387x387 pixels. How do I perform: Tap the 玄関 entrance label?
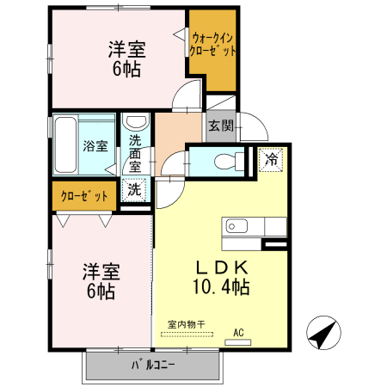[221, 126]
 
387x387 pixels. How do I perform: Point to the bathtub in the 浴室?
[66, 144]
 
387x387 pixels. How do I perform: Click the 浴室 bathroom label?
[95, 145]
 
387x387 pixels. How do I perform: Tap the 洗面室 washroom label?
[136, 153]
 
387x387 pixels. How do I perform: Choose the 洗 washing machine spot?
[135, 188]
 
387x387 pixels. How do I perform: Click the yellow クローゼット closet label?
[84, 196]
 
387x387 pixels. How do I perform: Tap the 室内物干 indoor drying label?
[187, 324]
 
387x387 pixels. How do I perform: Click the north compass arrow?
[321, 333]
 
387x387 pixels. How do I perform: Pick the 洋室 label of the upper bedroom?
[126, 49]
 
